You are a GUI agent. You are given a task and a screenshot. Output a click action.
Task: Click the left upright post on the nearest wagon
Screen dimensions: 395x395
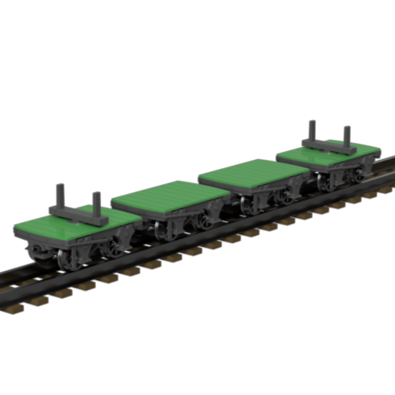pos(60,197)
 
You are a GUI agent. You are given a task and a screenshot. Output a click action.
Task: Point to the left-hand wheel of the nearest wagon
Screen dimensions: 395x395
pos(65,256)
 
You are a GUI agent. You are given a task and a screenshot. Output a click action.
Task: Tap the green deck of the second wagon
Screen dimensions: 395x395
pos(170,197)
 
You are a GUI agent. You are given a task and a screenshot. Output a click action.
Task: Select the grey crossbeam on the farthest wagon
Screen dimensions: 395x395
pos(328,146)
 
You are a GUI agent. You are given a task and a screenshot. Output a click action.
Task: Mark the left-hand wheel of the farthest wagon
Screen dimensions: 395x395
pos(324,183)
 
